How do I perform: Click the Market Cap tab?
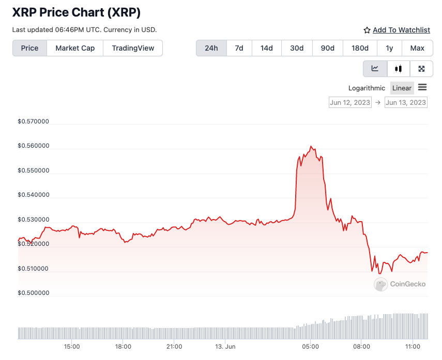point(75,48)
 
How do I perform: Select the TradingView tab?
point(133,48)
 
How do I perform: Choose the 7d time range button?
point(239,48)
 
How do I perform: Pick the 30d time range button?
point(297,48)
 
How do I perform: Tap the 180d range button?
point(360,48)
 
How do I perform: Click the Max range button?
point(417,48)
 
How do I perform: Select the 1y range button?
point(389,48)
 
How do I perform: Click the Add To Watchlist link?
point(401,30)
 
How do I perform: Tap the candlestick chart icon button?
point(398,69)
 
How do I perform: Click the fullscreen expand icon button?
point(421,69)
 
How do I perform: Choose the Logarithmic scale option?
point(367,88)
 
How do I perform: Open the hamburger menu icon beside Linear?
point(422,87)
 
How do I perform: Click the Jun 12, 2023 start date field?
point(350,102)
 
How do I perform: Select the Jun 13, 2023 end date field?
point(406,102)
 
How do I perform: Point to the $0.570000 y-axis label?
point(34,122)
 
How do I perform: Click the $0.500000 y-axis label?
point(34,293)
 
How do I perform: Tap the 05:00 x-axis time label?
point(311,347)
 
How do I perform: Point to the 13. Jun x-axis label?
point(225,347)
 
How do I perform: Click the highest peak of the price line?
point(311,146)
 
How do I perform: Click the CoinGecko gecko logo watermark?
point(381,284)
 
